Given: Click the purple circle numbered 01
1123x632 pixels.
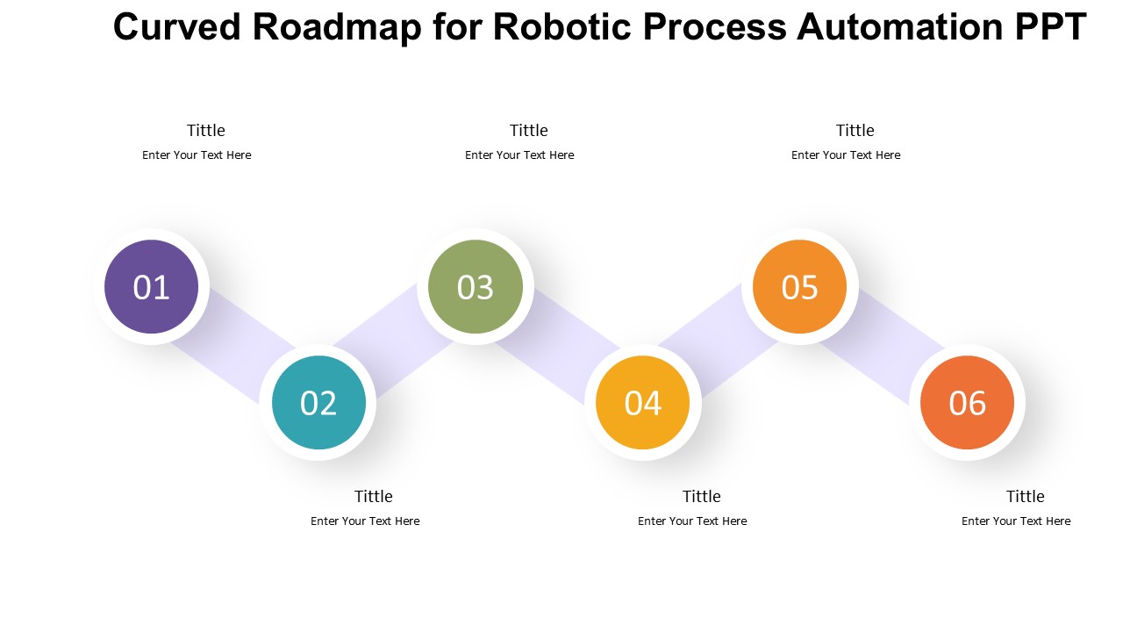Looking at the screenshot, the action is coord(152,286).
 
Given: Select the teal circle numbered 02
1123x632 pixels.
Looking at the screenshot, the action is coord(318,402).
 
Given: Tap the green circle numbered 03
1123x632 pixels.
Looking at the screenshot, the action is coord(476,286).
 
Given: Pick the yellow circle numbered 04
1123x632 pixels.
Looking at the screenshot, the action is coord(643,402).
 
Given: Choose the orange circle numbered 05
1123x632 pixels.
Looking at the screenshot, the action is coord(799,286).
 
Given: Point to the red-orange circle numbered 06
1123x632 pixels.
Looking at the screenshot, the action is coord(967,402).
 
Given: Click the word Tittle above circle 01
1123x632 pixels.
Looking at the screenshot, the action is coord(206,131).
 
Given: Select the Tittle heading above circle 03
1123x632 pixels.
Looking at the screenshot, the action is coord(529,131).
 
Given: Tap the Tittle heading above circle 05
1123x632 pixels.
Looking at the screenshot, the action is coord(855,131).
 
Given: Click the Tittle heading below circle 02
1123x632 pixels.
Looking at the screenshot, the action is coord(374,497).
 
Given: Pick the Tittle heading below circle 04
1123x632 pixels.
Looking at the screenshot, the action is coord(702,497).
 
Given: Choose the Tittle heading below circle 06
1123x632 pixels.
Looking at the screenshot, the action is coord(1026,497).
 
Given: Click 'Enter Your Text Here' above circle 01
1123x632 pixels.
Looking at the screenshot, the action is coord(197,155).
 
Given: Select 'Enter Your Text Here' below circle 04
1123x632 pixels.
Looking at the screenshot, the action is coord(692,521).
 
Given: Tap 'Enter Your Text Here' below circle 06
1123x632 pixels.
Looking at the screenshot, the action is coord(1016,521).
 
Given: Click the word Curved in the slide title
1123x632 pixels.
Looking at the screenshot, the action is coord(177,26).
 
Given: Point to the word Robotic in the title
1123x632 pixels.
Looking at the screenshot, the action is coord(562,26).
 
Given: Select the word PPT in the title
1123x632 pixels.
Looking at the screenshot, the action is coord(1051,26).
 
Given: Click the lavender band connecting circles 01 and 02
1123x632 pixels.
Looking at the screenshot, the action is coord(235,345).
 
